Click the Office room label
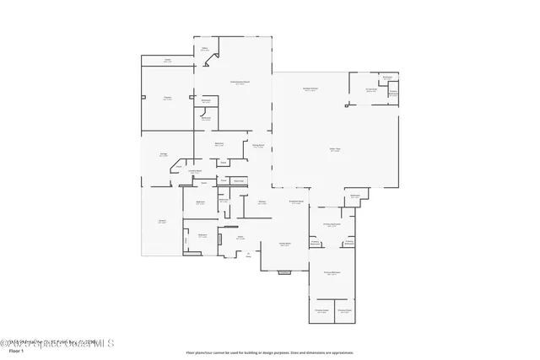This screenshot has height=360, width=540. point(204,49)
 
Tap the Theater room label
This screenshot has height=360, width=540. point(167,99)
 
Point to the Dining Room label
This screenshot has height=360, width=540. point(258,145)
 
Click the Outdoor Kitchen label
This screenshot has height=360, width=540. point(310,89)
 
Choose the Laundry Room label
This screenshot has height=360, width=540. point(195,171)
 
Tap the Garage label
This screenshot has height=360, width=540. point(163,154)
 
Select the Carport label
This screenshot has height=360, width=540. point(161,221)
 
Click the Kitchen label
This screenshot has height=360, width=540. point(262,202)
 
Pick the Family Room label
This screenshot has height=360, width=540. point(285,244)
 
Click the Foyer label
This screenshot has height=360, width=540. point(240,238)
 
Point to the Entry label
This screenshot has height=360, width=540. point(248,255)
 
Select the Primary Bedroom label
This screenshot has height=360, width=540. point(332,273)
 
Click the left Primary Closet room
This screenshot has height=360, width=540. point(321,311)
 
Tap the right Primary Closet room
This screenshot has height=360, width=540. point(344,311)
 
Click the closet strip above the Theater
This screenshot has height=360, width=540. point(167,61)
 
